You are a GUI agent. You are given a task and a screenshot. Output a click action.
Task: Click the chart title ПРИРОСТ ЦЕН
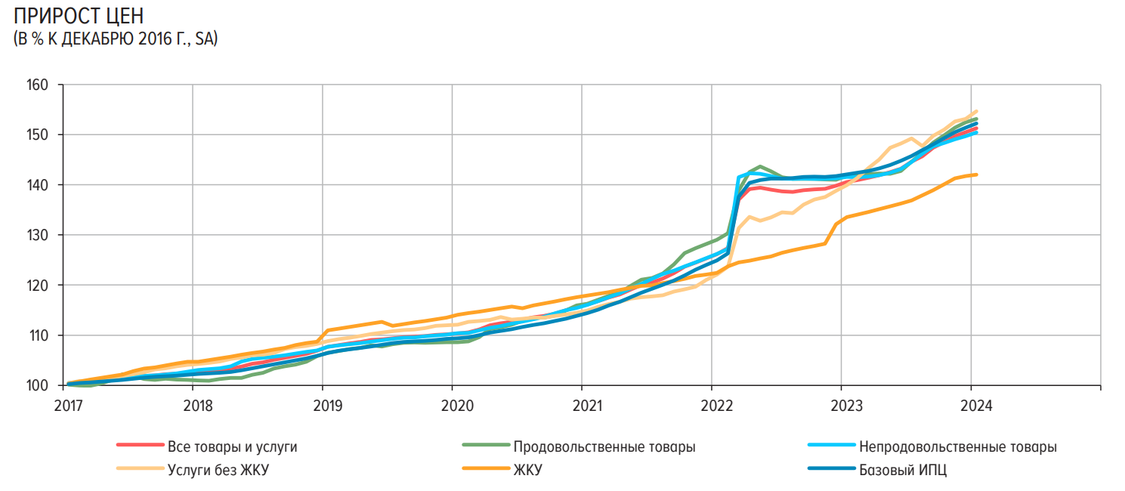point(79,16)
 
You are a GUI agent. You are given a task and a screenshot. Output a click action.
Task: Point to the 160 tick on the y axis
point(38,85)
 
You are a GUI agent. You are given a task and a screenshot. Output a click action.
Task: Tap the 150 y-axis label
point(38,134)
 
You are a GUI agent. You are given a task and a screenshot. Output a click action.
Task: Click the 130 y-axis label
point(38,235)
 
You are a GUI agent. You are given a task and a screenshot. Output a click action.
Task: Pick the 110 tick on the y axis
point(38,335)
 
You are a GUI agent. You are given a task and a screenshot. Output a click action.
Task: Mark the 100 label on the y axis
point(38,385)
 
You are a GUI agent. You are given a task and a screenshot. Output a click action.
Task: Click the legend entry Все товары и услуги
point(232,446)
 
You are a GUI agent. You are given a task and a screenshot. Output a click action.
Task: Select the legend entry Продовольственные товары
point(604,446)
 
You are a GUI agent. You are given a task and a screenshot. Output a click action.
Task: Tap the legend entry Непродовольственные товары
point(957,446)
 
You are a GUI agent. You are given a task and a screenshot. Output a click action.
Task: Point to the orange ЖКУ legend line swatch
point(484,470)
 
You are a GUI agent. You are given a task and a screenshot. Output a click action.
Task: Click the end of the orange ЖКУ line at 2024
point(977,174)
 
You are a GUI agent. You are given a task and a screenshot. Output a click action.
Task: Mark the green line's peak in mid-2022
point(759,166)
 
